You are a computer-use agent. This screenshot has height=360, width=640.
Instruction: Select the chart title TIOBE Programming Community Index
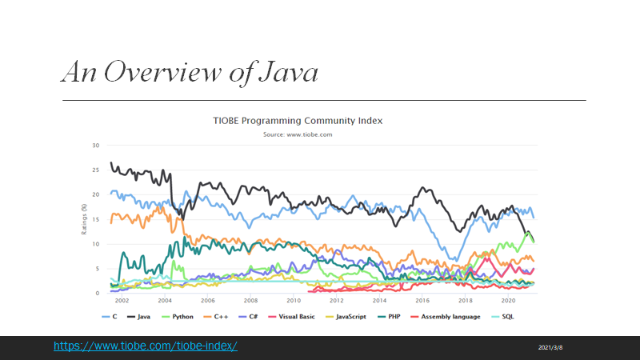tap(298, 121)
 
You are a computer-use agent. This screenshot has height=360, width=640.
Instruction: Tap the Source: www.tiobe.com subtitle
tap(298, 134)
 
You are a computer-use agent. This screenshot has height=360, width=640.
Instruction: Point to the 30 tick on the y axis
tap(95, 146)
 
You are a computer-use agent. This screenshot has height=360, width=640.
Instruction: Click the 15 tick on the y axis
tap(95, 219)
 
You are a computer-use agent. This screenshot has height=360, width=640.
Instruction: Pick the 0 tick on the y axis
tap(97, 293)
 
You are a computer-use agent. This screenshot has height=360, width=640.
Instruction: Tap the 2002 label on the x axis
tap(122, 301)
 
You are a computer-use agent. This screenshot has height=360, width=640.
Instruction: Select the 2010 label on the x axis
tap(294, 301)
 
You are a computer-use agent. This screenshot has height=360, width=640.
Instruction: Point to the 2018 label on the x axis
tap(465, 301)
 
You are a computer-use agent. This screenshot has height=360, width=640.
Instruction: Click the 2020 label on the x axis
tap(508, 301)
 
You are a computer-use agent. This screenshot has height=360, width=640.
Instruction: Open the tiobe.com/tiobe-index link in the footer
tap(146, 346)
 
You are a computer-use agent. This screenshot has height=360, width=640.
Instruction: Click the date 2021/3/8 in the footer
tap(551, 347)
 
